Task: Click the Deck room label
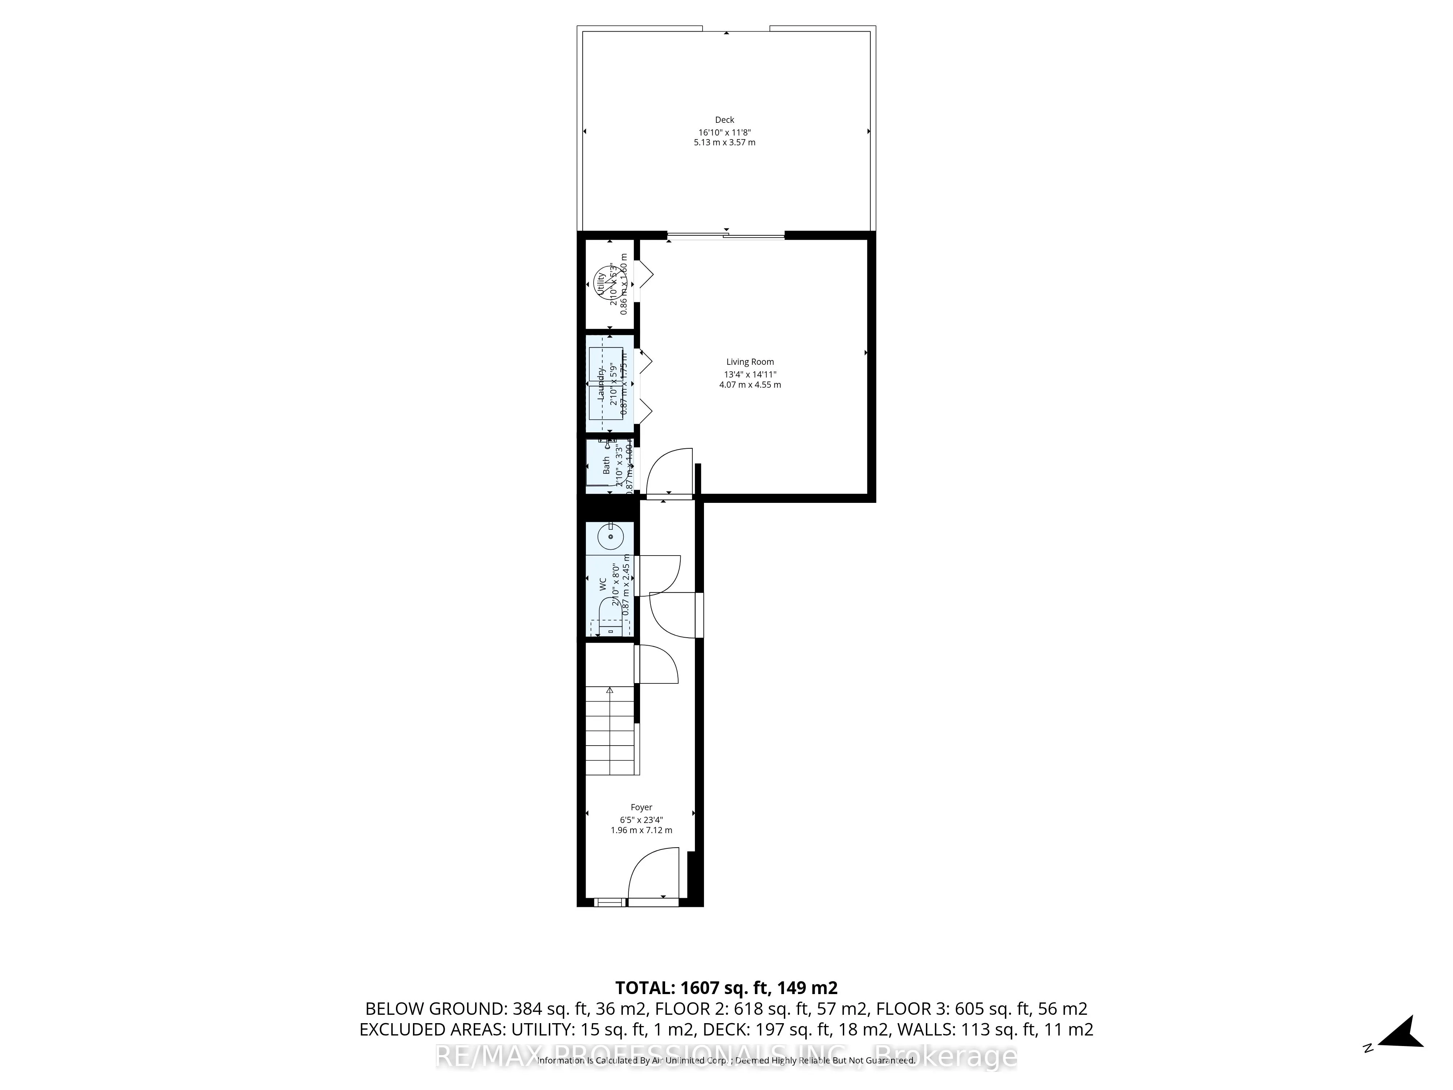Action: point(725,120)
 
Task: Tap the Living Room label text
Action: point(749,362)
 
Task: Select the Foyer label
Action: point(641,807)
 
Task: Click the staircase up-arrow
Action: point(610,691)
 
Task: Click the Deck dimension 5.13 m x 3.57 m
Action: point(725,142)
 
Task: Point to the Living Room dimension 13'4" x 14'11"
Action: point(749,375)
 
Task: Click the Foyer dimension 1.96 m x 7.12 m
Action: point(641,831)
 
